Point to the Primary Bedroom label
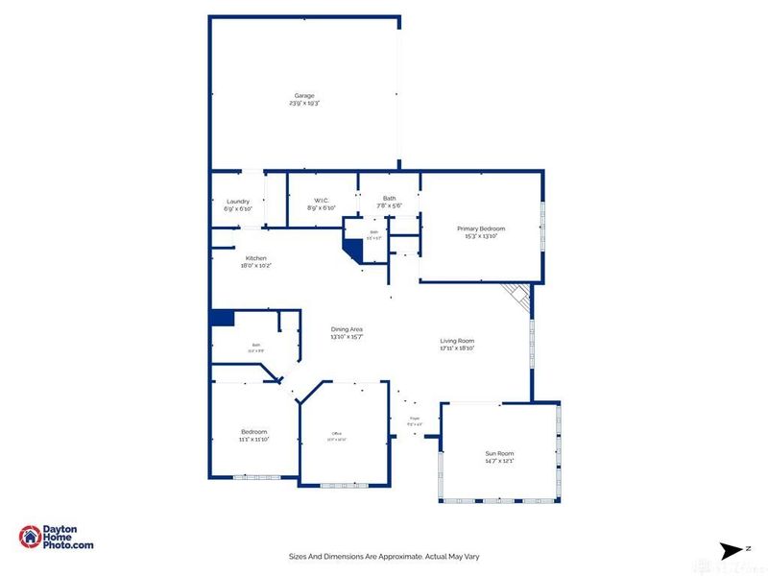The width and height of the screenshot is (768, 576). (x=480, y=228)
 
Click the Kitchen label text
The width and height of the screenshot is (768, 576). (x=255, y=258)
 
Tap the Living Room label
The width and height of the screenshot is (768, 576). (x=457, y=341)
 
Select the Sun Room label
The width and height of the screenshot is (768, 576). (x=499, y=453)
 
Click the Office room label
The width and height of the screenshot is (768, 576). (x=336, y=433)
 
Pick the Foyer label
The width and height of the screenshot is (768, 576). (x=415, y=419)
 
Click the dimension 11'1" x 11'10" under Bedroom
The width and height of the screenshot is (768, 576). (x=254, y=439)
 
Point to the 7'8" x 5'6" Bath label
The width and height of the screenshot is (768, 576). (x=388, y=204)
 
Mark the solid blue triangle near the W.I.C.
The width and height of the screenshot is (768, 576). (x=354, y=251)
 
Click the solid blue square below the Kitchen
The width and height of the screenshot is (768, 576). (x=222, y=319)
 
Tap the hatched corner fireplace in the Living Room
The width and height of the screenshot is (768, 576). (x=519, y=297)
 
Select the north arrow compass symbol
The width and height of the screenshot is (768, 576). (x=732, y=549)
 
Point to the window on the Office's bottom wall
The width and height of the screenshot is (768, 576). (x=345, y=484)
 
